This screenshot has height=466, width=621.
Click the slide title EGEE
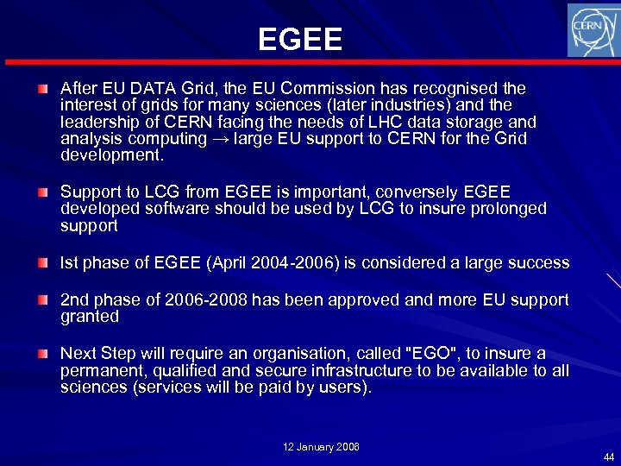pyautogui.click(x=299, y=39)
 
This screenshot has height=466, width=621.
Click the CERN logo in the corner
pyautogui.click(x=593, y=30)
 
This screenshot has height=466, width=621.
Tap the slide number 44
pyautogui.click(x=609, y=457)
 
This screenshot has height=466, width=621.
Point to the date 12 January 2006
pyautogui.click(x=322, y=446)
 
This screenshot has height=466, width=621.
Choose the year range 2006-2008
pyautogui.click(x=206, y=300)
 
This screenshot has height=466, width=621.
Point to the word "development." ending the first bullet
pyautogui.click(x=111, y=155)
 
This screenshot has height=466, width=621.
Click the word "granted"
pyautogui.click(x=90, y=317)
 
